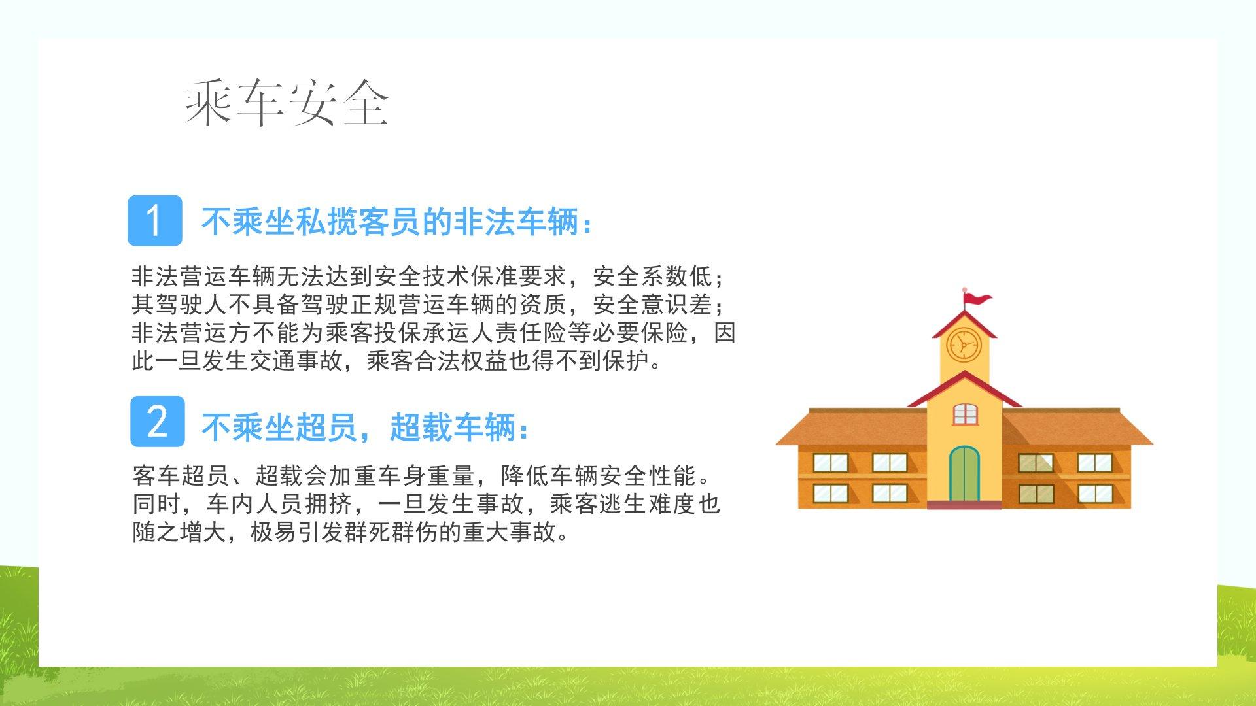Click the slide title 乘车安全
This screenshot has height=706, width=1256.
[x=287, y=103]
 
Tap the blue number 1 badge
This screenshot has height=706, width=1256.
[x=155, y=220]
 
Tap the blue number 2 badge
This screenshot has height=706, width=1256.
[x=157, y=422]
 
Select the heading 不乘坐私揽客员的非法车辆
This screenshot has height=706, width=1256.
[x=391, y=222]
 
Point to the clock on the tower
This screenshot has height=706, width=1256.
[x=964, y=345]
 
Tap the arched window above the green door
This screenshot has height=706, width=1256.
[x=965, y=413]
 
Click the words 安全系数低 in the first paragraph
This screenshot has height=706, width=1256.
[x=653, y=277]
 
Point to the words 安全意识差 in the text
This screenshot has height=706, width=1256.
[x=653, y=305]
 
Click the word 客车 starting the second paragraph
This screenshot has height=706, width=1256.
[x=156, y=475]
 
